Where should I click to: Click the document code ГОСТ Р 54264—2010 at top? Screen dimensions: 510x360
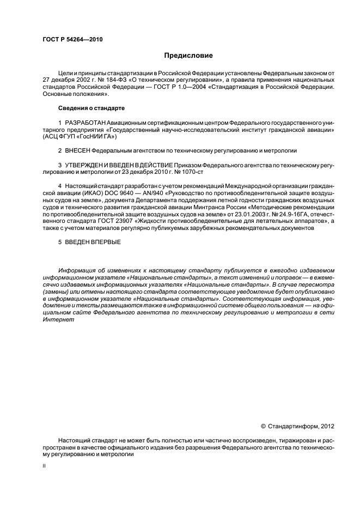(x=72, y=40)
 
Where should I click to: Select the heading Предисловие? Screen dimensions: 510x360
(x=188, y=56)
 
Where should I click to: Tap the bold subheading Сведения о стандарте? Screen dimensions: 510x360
(x=91, y=108)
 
